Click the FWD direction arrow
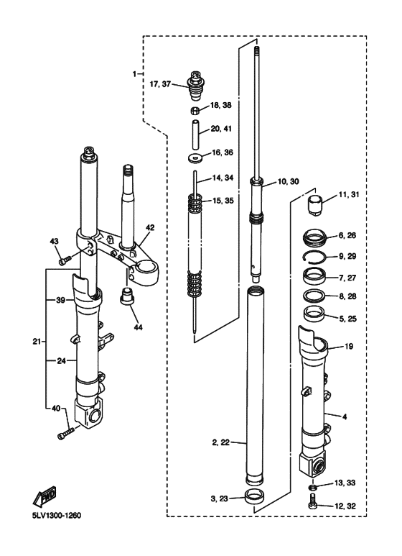pyautogui.click(x=45, y=496)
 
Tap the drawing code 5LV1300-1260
pyautogui.click(x=56, y=516)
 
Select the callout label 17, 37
pyautogui.click(x=160, y=84)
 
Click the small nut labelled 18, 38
pyautogui.click(x=195, y=110)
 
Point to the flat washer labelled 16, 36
pyautogui.click(x=195, y=157)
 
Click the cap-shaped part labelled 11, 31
pyautogui.click(x=314, y=204)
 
